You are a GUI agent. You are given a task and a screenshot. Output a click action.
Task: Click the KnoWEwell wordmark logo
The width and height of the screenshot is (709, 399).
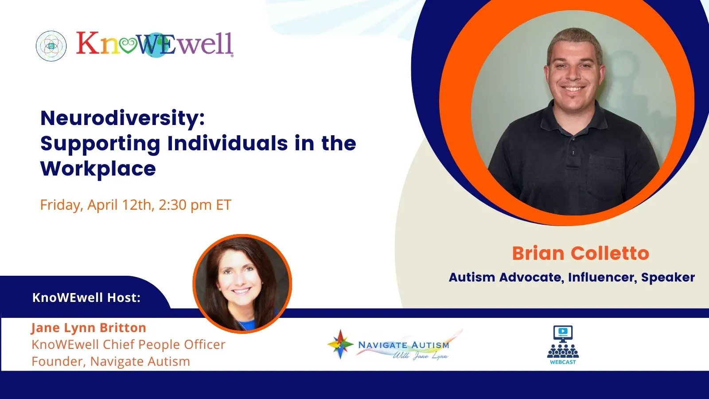coord(155,45)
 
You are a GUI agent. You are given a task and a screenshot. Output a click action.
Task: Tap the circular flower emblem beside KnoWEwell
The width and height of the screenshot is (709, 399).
coord(51,46)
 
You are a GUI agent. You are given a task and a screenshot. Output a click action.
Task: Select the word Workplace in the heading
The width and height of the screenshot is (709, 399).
coord(98,168)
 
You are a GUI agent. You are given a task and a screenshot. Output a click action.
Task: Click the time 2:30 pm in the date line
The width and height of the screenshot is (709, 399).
coord(185,205)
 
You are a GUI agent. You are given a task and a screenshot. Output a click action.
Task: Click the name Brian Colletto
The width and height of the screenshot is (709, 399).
coord(580,253)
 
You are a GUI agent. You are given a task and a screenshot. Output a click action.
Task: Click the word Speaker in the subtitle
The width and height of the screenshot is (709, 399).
coord(668,278)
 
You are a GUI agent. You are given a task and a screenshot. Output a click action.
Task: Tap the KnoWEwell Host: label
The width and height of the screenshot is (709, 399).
coord(86,297)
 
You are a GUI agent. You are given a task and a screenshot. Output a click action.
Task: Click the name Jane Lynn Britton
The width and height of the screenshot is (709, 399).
coord(89,328)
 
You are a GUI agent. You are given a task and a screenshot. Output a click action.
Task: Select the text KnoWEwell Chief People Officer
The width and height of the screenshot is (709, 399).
coord(129,344)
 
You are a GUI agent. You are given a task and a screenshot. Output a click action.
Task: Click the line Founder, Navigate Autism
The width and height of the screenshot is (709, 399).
coord(111,361)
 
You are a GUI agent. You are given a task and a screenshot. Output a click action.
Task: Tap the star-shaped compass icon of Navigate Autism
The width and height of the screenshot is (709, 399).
coord(340,344)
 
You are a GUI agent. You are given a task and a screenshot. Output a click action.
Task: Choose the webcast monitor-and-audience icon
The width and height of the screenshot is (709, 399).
coord(563,344)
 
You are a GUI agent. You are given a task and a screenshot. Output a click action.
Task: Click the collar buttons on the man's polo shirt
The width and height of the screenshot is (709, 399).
coord(573,153)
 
